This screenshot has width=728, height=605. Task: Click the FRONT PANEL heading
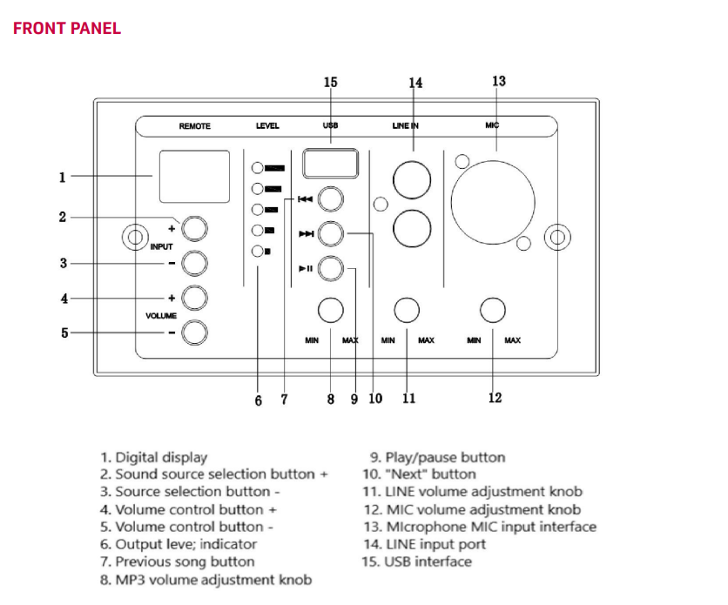pos(67,29)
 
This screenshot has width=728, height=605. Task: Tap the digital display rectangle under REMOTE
pos(194,177)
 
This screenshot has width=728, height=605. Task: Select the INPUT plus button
pos(195,228)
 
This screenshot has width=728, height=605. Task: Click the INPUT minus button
pos(195,262)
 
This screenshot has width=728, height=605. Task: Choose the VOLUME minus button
pos(195,332)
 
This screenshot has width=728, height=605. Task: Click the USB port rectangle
pos(330,164)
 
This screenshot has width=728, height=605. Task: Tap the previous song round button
pos(330,199)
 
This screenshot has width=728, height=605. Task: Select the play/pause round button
pos(330,269)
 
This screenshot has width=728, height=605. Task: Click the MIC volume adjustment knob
pos(493,309)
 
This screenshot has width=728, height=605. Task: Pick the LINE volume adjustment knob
pos(407,309)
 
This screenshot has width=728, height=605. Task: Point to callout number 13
pos(498,81)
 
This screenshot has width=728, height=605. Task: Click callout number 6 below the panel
pos(258,400)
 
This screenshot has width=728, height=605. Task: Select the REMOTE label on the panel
pos(195,126)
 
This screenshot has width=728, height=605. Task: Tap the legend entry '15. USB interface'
pos(417,561)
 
